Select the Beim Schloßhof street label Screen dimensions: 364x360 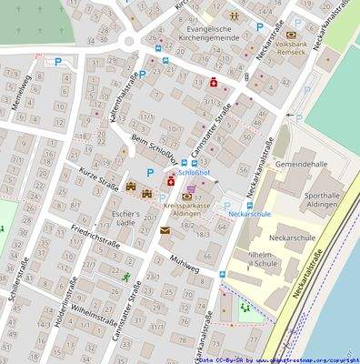(x=152, y=149)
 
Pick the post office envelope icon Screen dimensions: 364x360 (x=165, y=231)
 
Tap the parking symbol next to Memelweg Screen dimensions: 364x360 (x=59, y=62)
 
